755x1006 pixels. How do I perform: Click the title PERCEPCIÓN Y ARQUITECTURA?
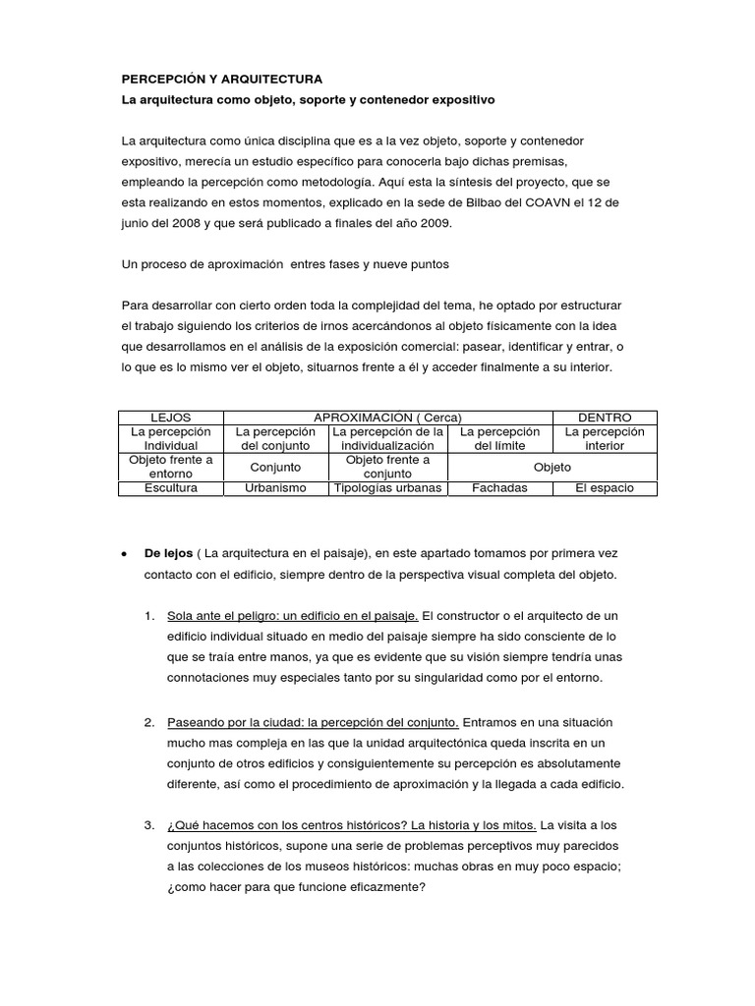click(x=220, y=79)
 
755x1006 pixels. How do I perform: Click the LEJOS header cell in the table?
click(x=171, y=418)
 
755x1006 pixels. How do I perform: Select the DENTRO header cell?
click(x=605, y=418)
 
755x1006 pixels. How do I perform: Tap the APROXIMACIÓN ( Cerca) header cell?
click(x=388, y=418)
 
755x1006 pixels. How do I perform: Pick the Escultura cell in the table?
click(x=171, y=488)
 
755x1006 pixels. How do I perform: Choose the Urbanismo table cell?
click(x=275, y=488)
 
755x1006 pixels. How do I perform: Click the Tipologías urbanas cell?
click(x=387, y=488)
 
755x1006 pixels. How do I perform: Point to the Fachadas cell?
click(x=499, y=488)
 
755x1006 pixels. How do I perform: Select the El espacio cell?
click(x=605, y=488)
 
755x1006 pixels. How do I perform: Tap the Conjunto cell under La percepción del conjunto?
click(x=275, y=468)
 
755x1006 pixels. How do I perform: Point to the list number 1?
click(x=148, y=616)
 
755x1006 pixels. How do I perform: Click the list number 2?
click(x=148, y=723)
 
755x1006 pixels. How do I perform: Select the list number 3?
click(x=148, y=825)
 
